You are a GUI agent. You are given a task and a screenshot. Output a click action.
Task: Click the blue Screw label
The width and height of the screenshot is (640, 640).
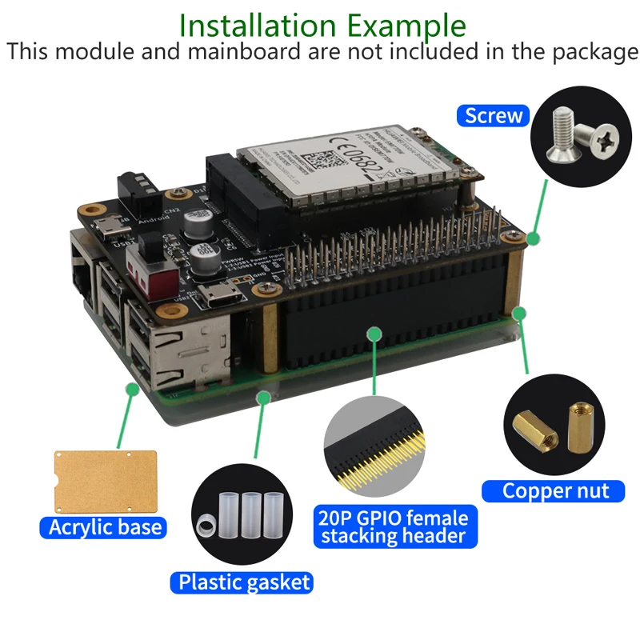click(x=494, y=115)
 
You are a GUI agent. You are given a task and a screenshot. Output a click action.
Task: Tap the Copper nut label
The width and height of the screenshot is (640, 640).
click(x=555, y=490)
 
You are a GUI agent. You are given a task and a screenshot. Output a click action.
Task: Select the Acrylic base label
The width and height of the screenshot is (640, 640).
click(x=105, y=527)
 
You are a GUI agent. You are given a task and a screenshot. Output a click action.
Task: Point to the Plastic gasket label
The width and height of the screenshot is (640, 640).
click(x=244, y=582)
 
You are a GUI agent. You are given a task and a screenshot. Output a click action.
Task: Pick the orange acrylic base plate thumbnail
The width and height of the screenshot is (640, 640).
click(x=104, y=480)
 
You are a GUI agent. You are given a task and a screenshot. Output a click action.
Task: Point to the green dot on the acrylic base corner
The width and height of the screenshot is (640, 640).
click(x=131, y=387)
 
